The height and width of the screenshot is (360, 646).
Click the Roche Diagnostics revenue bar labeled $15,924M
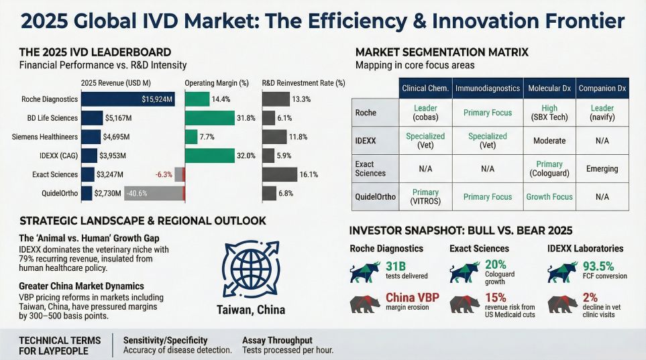(127, 99)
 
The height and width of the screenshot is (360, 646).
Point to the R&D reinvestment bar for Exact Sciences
(279, 174)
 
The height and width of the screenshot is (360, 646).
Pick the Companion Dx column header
(602, 88)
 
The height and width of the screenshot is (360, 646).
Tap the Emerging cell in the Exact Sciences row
(602, 168)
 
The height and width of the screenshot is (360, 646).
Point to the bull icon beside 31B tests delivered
(364, 272)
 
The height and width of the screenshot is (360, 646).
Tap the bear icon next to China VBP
(364, 304)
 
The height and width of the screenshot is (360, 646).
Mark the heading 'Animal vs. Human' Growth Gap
(89, 238)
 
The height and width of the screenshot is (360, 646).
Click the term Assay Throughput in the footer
(276, 340)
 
